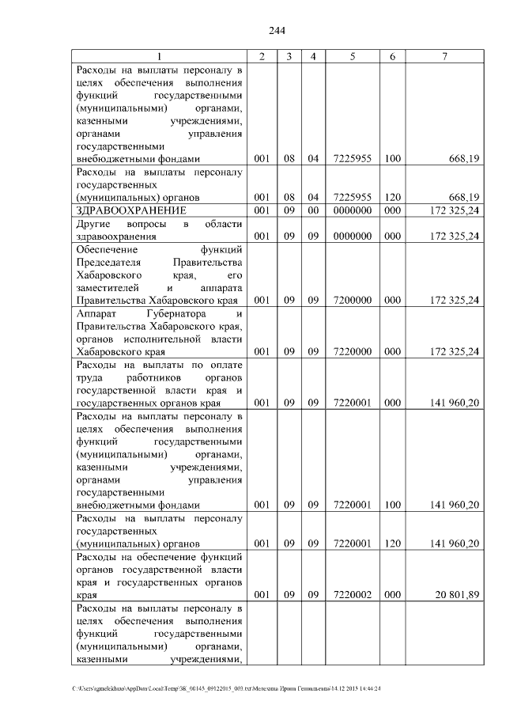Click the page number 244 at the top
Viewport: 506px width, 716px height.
coord(277,31)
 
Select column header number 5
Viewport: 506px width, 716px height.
coord(352,56)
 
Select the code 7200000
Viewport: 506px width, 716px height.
coord(352,301)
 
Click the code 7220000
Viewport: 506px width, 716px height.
coord(352,351)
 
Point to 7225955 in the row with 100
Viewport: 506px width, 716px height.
coord(352,159)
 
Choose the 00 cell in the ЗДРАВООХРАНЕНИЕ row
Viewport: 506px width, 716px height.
coord(313,210)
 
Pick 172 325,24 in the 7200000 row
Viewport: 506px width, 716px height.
coord(450,301)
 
